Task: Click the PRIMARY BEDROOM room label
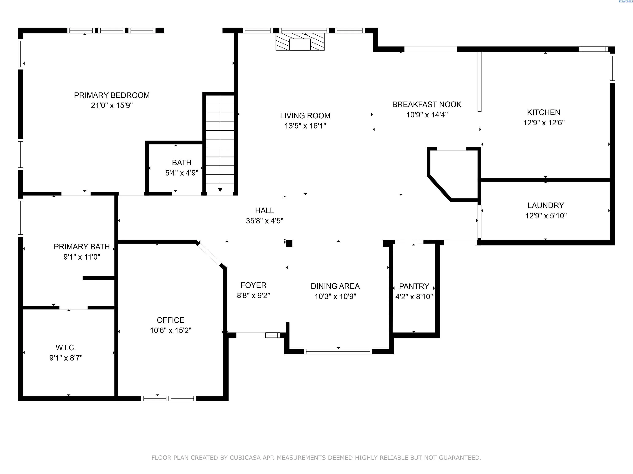coord(112,95)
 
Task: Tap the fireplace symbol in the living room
coord(300,42)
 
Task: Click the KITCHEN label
coord(544,112)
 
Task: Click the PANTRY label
coord(414,286)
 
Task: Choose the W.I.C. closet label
coord(66,348)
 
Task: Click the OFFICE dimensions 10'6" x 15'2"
coord(170,331)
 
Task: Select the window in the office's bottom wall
coord(169,399)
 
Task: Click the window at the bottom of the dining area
coord(338,351)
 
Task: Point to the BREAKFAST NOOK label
coord(427,104)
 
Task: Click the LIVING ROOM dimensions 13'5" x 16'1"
coord(305,126)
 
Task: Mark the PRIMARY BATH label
coord(82,246)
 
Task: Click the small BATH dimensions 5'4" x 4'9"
coord(182,173)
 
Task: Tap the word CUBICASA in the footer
coord(245,458)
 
